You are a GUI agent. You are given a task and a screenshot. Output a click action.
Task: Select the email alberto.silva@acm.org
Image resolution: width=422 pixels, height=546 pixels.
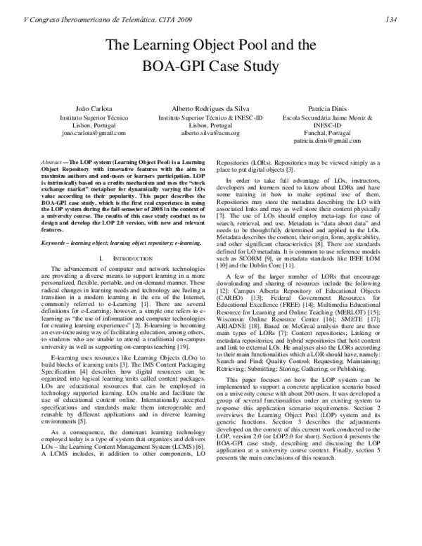click(210, 132)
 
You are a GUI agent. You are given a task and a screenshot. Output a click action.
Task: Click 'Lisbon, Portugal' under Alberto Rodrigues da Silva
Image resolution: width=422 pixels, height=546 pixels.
click(210, 125)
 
